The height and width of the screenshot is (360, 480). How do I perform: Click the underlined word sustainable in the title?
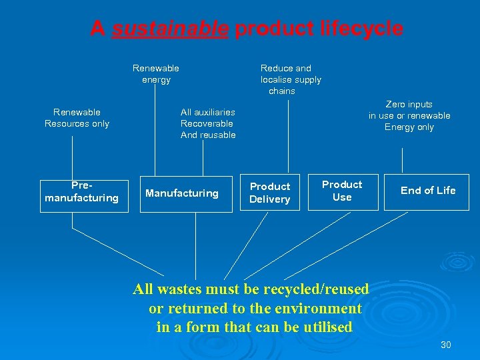click(x=171, y=29)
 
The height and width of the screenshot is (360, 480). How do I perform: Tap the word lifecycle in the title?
click(x=363, y=29)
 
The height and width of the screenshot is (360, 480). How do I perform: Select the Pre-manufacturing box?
click(x=81, y=192)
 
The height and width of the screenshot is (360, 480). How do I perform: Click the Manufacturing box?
click(x=182, y=193)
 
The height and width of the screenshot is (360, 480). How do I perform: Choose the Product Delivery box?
click(x=269, y=193)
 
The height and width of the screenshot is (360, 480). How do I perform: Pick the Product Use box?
click(x=342, y=191)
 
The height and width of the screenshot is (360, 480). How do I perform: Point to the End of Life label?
click(x=428, y=191)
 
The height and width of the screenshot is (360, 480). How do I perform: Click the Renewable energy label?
click(x=156, y=74)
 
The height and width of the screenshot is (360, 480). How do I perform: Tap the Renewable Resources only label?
click(x=77, y=118)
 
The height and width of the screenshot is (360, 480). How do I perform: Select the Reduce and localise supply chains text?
click(x=290, y=79)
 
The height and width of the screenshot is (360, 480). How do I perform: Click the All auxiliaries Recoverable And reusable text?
click(x=208, y=123)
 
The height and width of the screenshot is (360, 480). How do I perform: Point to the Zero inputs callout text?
click(x=409, y=115)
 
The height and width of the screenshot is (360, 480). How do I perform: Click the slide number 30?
click(x=446, y=345)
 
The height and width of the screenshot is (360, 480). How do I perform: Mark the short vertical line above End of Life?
click(x=403, y=160)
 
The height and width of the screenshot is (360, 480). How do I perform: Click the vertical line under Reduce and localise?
click(x=289, y=133)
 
